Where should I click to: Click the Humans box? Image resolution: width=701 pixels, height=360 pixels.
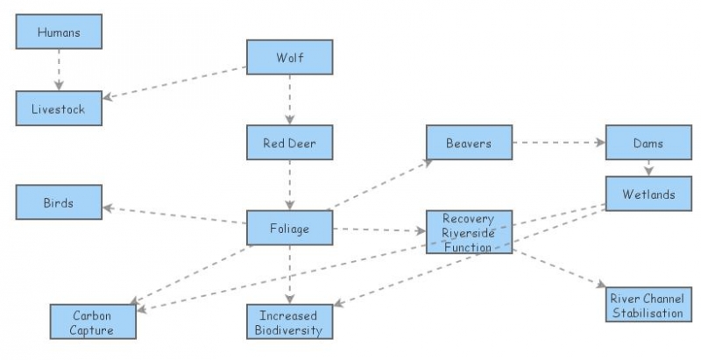(59, 32)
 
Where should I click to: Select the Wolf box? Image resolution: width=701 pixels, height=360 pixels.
(289, 57)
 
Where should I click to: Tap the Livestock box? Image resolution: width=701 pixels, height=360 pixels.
(59, 108)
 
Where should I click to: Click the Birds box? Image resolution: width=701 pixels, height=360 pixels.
(59, 202)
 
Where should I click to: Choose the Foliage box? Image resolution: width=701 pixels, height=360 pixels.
(289, 228)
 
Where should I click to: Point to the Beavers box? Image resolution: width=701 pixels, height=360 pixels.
(469, 142)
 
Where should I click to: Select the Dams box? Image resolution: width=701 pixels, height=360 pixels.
(648, 142)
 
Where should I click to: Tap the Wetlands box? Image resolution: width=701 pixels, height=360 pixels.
(648, 194)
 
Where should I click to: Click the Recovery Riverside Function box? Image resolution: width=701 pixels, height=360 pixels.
(469, 231)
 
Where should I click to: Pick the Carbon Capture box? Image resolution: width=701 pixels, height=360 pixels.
(93, 321)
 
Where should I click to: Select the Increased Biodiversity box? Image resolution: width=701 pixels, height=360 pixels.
(289, 321)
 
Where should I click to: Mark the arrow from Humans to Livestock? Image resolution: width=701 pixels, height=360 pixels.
(59, 69)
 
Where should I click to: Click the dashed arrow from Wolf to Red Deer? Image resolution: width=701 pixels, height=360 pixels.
(289, 100)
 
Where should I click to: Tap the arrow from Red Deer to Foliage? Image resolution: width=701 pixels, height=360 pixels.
(289, 185)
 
